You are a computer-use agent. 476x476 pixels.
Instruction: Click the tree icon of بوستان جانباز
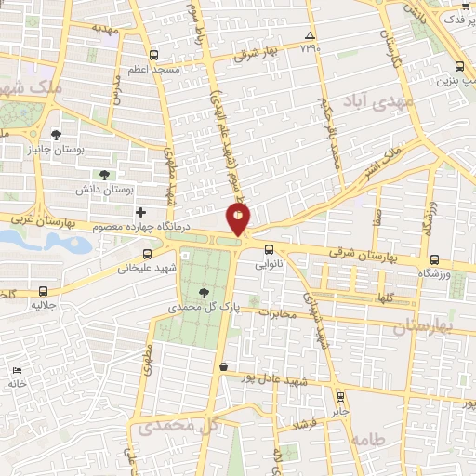(x=56, y=133)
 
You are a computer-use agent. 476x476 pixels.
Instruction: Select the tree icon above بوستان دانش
(x=103, y=174)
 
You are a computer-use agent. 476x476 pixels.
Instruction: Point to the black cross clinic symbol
(x=140, y=214)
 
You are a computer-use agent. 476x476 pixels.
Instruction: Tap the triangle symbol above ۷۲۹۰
(x=310, y=36)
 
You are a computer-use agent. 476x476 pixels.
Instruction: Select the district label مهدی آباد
(x=375, y=101)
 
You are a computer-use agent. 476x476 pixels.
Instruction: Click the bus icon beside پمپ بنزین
(x=461, y=65)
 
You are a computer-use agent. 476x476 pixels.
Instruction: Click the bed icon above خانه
(x=17, y=370)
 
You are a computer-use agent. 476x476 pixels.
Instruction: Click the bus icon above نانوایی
(x=269, y=249)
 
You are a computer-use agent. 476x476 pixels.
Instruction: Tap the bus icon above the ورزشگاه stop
(x=434, y=259)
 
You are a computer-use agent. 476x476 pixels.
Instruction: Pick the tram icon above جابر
(x=339, y=394)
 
